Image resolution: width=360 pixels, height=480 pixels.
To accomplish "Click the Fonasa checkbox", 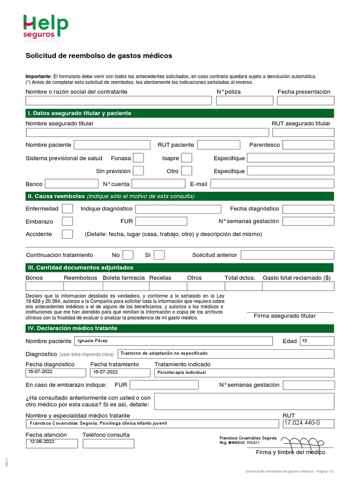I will pyautogui.click(x=138, y=158).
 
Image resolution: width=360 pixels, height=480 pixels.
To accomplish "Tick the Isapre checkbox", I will pyautogui.click(x=187, y=158).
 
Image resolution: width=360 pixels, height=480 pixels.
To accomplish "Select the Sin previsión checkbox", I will pyautogui.click(x=138, y=171).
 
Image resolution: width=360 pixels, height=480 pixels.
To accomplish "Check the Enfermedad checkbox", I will pyautogui.click(x=67, y=209).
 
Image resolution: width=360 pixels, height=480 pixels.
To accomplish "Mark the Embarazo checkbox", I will pyautogui.click(x=67, y=221).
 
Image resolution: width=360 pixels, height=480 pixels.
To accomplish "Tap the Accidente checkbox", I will pyautogui.click(x=67, y=234).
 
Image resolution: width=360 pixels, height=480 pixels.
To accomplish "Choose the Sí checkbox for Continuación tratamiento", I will pyautogui.click(x=159, y=255).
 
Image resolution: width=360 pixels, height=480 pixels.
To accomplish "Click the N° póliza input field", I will pyautogui.click(x=245, y=101).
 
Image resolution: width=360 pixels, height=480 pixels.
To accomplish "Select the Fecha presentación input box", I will pyautogui.click(x=306, y=101).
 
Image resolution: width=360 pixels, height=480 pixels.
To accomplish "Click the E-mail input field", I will pyautogui.click(x=273, y=184).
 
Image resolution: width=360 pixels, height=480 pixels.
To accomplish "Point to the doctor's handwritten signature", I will pyautogui.click(x=305, y=442).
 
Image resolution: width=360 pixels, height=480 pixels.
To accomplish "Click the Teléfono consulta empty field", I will pyautogui.click(x=108, y=443).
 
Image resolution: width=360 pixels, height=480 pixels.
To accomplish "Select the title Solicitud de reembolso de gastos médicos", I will pyautogui.click(x=99, y=56).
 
